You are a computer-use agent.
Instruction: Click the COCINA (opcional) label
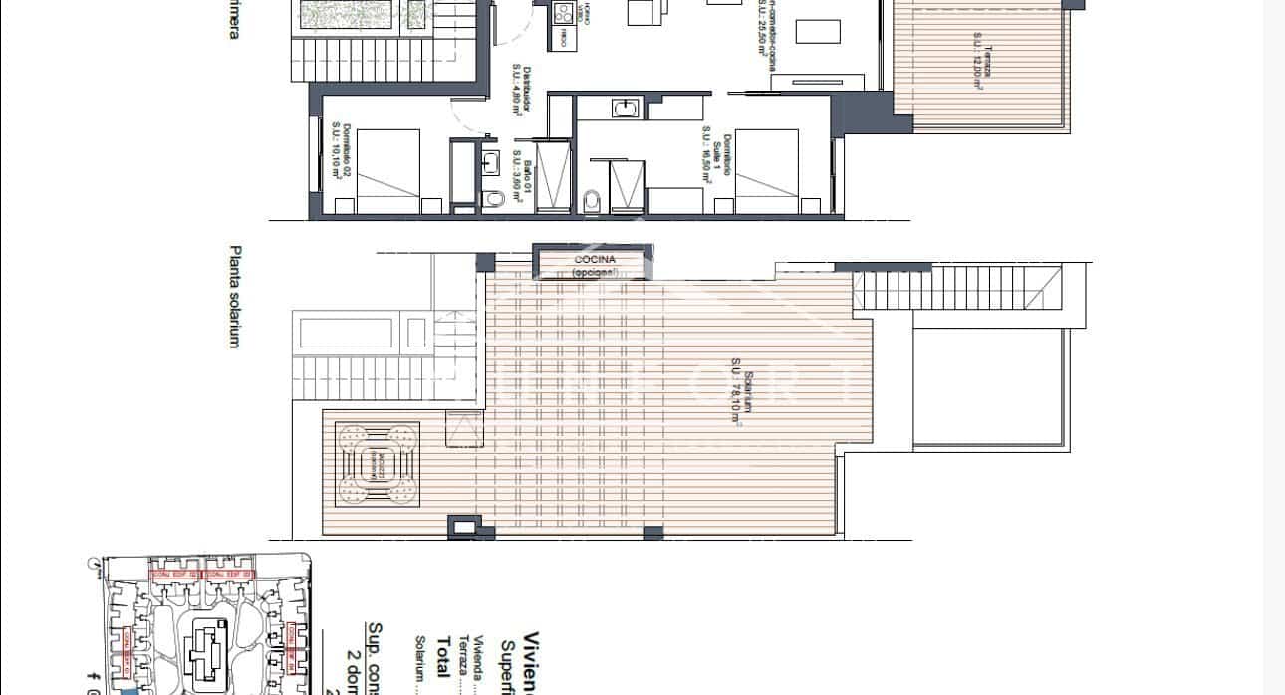(595, 266)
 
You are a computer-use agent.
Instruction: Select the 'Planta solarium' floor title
(236, 297)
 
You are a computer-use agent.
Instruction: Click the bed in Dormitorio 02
(388, 171)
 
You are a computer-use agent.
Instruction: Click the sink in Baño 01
(490, 163)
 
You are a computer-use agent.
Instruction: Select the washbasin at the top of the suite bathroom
(626, 107)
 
